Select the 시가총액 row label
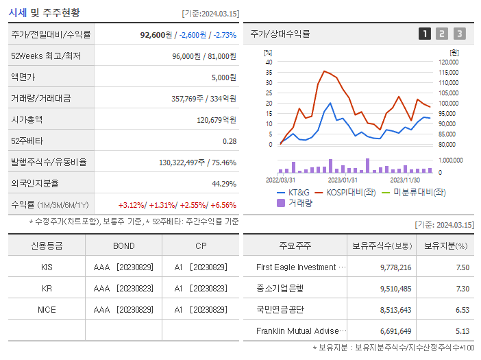click(27, 119)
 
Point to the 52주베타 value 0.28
click(229, 141)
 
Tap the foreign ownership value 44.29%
click(224, 184)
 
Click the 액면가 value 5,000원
click(223, 77)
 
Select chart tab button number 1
click(425, 34)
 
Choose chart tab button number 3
click(459, 34)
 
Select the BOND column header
click(124, 245)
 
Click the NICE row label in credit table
click(47, 310)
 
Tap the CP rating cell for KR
click(200, 289)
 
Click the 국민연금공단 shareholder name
click(280, 310)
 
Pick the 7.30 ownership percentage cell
click(462, 289)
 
